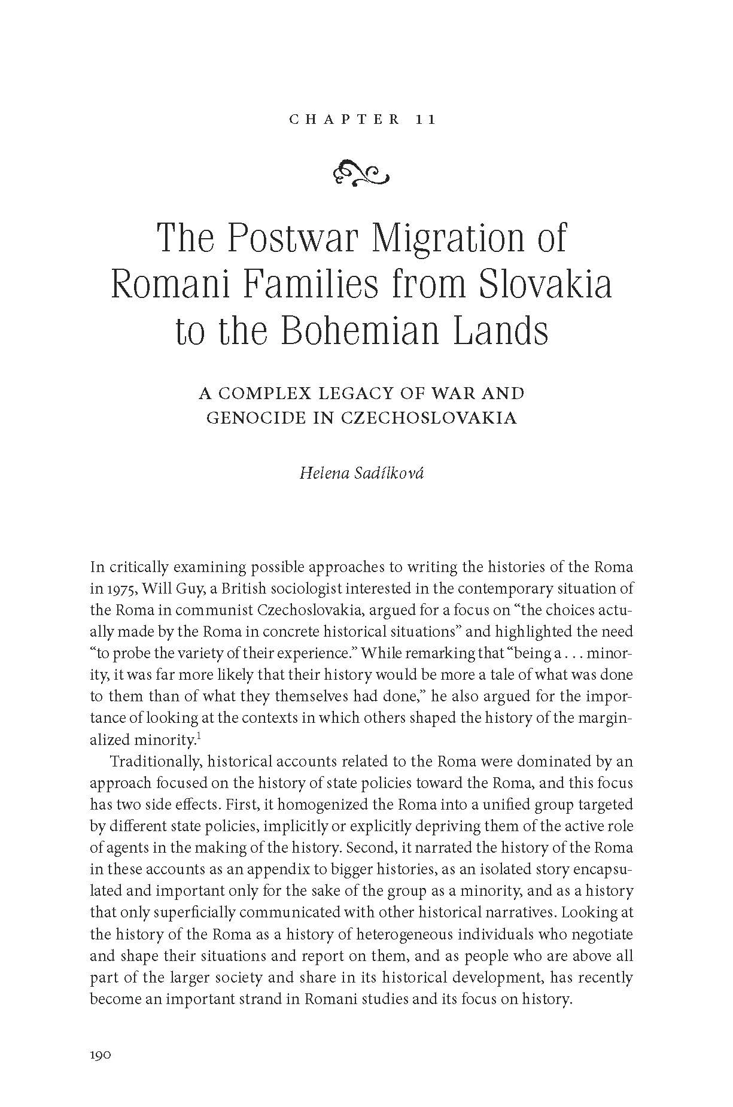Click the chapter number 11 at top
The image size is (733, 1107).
[425, 119]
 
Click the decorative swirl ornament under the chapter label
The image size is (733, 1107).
[363, 173]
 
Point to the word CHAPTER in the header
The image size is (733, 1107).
[344, 119]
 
